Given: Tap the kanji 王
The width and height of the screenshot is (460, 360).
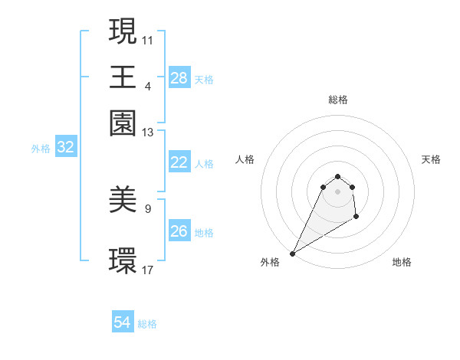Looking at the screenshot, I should tap(123, 77).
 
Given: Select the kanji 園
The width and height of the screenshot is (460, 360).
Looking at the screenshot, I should tap(123, 123).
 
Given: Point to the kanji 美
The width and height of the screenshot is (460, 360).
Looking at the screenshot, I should tap(123, 200).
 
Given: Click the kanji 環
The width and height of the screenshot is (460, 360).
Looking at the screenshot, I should tap(123, 260).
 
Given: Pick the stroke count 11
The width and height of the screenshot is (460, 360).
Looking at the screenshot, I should tap(147, 39).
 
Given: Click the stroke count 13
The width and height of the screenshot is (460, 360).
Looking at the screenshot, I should tap(147, 133).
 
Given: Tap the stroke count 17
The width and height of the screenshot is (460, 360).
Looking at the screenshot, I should tap(147, 270).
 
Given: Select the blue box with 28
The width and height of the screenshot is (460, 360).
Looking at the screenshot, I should tap(179, 78).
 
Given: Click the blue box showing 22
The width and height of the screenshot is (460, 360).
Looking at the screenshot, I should tap(179, 162).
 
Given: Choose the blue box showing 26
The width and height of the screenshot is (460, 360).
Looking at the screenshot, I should tap(179, 231).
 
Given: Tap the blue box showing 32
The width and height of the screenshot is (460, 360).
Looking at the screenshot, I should tap(65, 148).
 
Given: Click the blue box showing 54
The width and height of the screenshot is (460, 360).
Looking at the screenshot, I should tap(123, 322).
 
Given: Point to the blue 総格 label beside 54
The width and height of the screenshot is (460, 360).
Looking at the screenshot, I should tap(147, 324).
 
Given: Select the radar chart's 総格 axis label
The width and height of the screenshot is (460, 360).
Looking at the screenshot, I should tap(338, 100).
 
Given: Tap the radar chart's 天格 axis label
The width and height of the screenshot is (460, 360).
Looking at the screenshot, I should tap(431, 159).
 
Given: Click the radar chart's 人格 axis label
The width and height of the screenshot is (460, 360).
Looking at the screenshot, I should tap(245, 159).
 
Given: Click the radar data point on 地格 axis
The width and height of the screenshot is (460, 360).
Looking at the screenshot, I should tap(356, 218).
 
